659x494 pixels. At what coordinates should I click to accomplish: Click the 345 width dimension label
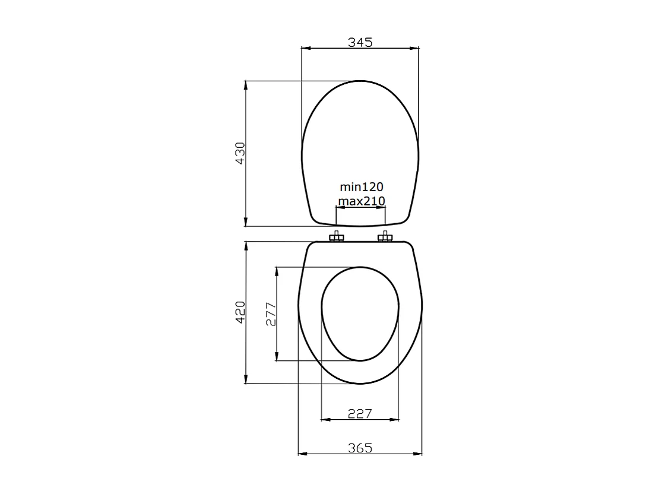point(360,42)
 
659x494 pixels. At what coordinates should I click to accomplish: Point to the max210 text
point(361,201)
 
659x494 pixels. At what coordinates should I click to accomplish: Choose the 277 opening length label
point(271,314)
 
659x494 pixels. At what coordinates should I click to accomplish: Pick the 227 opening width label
point(360,413)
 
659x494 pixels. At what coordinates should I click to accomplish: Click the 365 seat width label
point(360,448)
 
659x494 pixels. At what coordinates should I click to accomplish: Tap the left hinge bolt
point(337,237)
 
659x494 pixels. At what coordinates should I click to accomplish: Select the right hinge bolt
point(385,237)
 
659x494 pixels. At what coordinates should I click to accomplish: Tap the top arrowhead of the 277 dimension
point(277,271)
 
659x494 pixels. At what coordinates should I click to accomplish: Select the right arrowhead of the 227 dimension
point(395,420)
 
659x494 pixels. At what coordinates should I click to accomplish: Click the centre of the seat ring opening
point(360,313)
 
